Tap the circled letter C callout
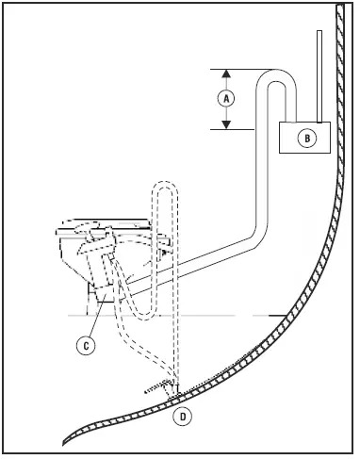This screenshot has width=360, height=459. pyautogui.click(x=86, y=346)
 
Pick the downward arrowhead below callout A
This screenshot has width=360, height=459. pyautogui.click(x=226, y=123)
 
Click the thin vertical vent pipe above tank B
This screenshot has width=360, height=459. pyautogui.click(x=320, y=75)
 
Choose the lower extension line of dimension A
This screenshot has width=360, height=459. pyautogui.click(x=236, y=129)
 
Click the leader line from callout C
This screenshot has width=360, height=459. pyautogui.click(x=94, y=320)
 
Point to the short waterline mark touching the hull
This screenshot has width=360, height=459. pyautogui.click(x=279, y=314)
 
